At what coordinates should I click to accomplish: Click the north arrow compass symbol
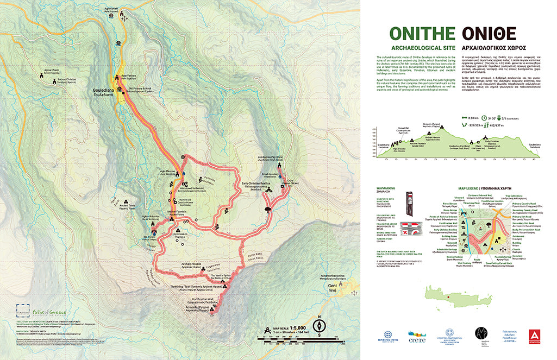tap(321, 325)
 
